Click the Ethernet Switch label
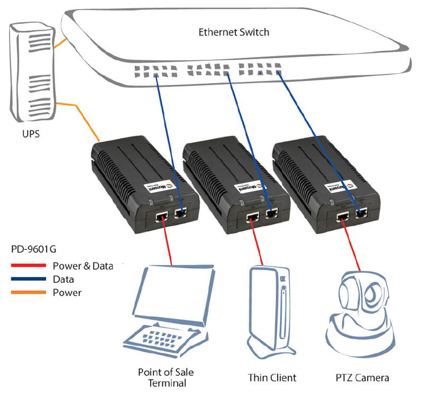pos(234,32)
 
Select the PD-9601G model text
pos(32,248)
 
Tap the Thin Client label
pos(272,378)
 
